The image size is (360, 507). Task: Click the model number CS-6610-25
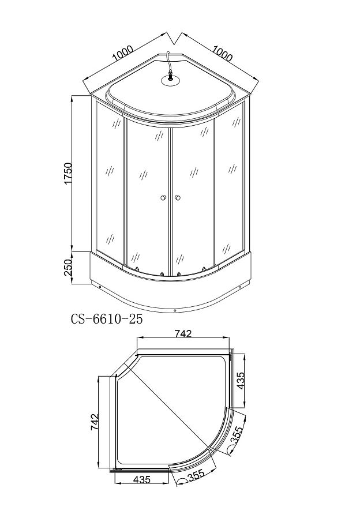107,319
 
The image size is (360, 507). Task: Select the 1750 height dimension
68,174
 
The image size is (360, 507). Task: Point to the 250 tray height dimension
68,267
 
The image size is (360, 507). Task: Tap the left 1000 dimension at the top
123,54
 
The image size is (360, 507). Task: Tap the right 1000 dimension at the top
223,53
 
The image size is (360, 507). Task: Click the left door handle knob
163,198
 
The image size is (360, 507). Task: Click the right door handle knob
177,198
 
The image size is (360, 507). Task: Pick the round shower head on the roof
170,81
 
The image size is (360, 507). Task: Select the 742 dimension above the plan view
183,334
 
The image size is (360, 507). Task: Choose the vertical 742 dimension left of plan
95,422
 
